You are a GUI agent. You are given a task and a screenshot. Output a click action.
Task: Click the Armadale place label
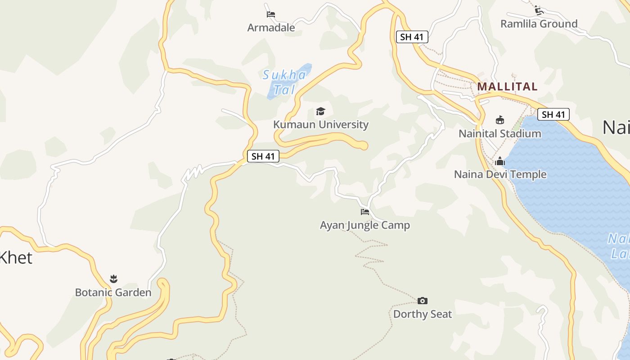click(x=271, y=28)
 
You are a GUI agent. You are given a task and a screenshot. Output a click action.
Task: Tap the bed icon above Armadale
click(x=271, y=14)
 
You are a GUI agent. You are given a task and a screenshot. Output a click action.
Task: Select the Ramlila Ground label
click(x=539, y=24)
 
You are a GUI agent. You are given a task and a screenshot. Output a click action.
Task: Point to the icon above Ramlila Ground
click(x=539, y=10)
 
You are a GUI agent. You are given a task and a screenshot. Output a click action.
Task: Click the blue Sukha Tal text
click(x=285, y=82)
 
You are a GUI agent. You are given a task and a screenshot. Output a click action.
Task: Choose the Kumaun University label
click(x=321, y=125)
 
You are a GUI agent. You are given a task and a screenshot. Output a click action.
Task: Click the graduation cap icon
click(x=320, y=111)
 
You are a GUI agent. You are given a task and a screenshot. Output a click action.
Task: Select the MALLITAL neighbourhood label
click(x=507, y=86)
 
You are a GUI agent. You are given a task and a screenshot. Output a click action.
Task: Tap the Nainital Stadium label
click(x=499, y=134)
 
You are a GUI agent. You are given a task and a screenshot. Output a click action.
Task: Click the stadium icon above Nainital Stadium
click(x=499, y=120)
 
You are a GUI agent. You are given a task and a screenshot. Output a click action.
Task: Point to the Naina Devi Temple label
click(x=500, y=174)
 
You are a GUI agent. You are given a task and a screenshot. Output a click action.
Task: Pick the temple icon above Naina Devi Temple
click(x=499, y=161)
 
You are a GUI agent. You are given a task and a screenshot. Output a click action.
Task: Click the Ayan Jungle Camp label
click(x=364, y=225)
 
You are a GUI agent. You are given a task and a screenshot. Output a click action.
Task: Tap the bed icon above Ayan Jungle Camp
click(x=364, y=211)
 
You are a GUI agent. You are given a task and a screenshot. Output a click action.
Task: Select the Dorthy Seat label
click(x=422, y=314)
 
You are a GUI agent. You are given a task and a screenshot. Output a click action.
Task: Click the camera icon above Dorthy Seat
click(x=422, y=301)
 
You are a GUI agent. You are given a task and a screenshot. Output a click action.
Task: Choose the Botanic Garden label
click(x=113, y=292)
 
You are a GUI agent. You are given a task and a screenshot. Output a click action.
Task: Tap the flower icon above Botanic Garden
click(x=113, y=279)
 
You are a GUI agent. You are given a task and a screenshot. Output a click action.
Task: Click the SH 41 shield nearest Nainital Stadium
click(x=553, y=115)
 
